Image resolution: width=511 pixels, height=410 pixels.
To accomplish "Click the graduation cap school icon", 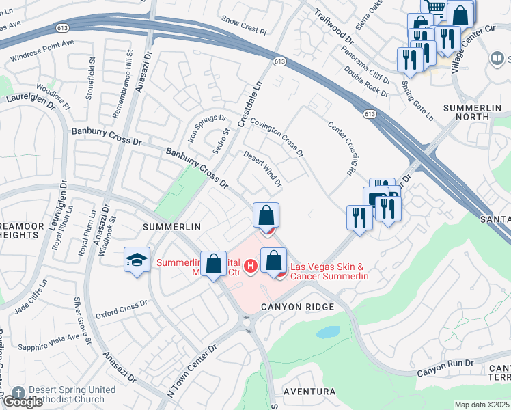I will click(137, 260).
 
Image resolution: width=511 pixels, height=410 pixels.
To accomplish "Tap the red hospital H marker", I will click(251, 266).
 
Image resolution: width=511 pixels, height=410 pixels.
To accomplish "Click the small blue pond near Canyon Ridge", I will click(328, 332).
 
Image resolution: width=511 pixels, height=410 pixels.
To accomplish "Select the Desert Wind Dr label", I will click(263, 169).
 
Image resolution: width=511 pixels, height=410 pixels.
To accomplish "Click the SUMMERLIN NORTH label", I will click(476, 113).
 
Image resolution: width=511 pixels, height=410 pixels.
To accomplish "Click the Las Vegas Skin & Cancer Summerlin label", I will click(330, 271).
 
